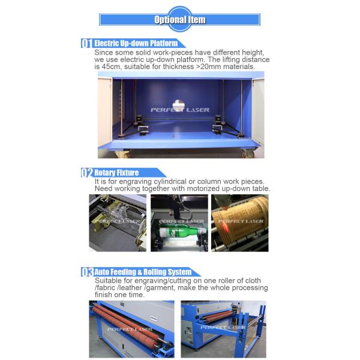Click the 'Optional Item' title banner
click(x=180, y=20)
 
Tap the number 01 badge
click(x=87, y=44)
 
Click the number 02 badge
click(x=87, y=173)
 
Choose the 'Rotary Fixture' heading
click(x=116, y=173)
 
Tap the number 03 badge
click(x=87, y=272)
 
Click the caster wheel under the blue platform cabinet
click(x=248, y=154)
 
